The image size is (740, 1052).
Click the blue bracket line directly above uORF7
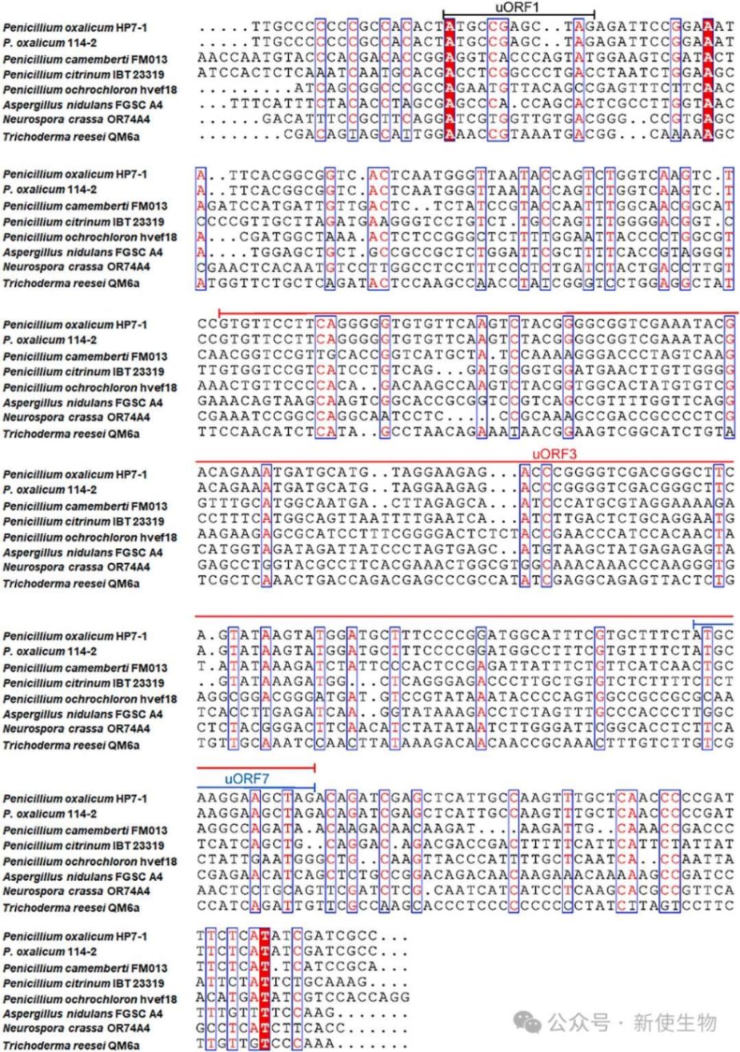click(256, 787)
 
